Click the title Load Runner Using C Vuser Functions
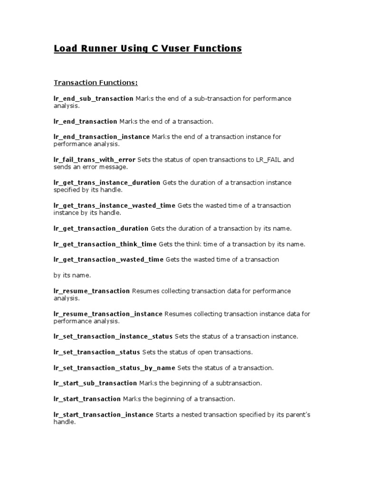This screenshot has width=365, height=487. pos(148,49)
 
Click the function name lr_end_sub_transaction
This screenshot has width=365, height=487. pos(93,98)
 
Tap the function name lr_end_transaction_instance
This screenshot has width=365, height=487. pos(101,137)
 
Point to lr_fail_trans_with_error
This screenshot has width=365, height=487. pos(94,160)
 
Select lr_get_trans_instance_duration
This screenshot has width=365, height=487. pos(107,183)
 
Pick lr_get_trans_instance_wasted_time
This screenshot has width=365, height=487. pos(115,205)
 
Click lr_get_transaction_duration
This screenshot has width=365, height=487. pos(101,229)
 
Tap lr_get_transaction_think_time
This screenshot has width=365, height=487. pos(105,244)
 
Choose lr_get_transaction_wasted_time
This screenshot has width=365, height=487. pos(108,260)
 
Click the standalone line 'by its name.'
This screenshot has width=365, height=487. pos(72,275)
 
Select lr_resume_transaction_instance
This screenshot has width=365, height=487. pos(108,314)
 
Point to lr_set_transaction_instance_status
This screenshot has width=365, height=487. pos(113,337)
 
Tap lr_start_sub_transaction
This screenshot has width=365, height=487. pos(95,383)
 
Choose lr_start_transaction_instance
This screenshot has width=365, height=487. pos(103,415)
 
